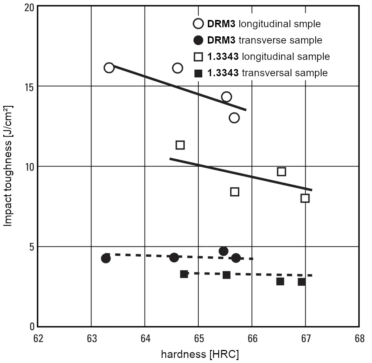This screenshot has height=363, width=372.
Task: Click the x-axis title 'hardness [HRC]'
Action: [x=200, y=354]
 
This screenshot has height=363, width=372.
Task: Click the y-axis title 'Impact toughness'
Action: [x=8, y=166]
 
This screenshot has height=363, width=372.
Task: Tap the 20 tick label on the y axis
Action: [x=29, y=7]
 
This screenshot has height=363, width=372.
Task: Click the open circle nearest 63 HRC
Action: [x=109, y=68]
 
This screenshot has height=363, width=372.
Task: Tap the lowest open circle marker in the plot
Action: [x=234, y=118]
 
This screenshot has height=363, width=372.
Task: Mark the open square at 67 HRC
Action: [x=305, y=198]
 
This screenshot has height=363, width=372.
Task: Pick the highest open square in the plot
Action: [x=180, y=145]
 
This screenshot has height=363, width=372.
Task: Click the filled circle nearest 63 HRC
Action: [x=106, y=258]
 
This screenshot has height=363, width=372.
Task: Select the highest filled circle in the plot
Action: [x=223, y=251]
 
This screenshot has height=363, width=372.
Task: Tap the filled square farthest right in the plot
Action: [x=302, y=282]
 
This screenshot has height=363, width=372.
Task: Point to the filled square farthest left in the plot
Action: [x=184, y=274]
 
